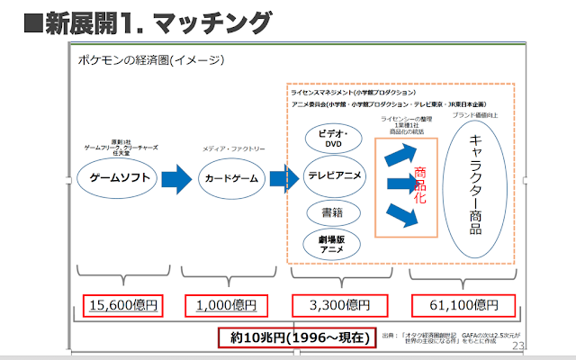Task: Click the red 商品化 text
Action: point(419,185)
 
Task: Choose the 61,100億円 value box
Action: point(462,305)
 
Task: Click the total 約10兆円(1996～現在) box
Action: point(294,337)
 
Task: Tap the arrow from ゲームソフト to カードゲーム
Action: point(177,177)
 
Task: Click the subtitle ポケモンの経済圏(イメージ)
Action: point(151,60)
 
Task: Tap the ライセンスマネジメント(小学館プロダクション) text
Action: point(353,92)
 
